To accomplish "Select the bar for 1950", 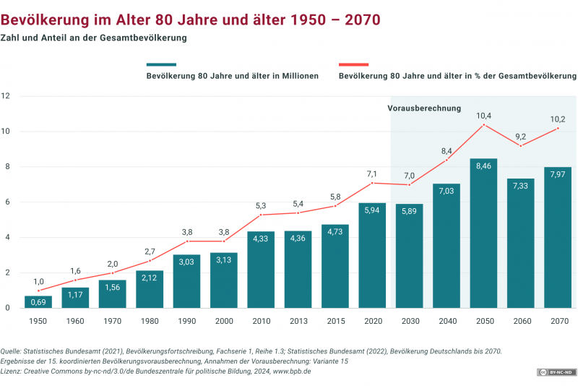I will (x=38, y=301).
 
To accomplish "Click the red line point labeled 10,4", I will (x=483, y=125).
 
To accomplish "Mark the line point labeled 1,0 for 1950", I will (x=38, y=291).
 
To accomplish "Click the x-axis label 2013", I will (x=298, y=320).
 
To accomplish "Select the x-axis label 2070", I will (x=558, y=320).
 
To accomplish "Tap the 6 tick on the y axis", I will (x=7, y=202).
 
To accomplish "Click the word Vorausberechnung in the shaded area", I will (x=424, y=108).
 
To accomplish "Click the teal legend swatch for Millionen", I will (x=160, y=64).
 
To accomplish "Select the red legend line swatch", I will (x=353, y=64).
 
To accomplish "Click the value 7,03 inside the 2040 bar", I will (x=447, y=190).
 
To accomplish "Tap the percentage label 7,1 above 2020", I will (x=372, y=173).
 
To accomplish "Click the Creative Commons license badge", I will (x=555, y=372).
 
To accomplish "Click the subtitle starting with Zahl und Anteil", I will (x=94, y=38).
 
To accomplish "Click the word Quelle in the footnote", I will (x=12, y=351).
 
